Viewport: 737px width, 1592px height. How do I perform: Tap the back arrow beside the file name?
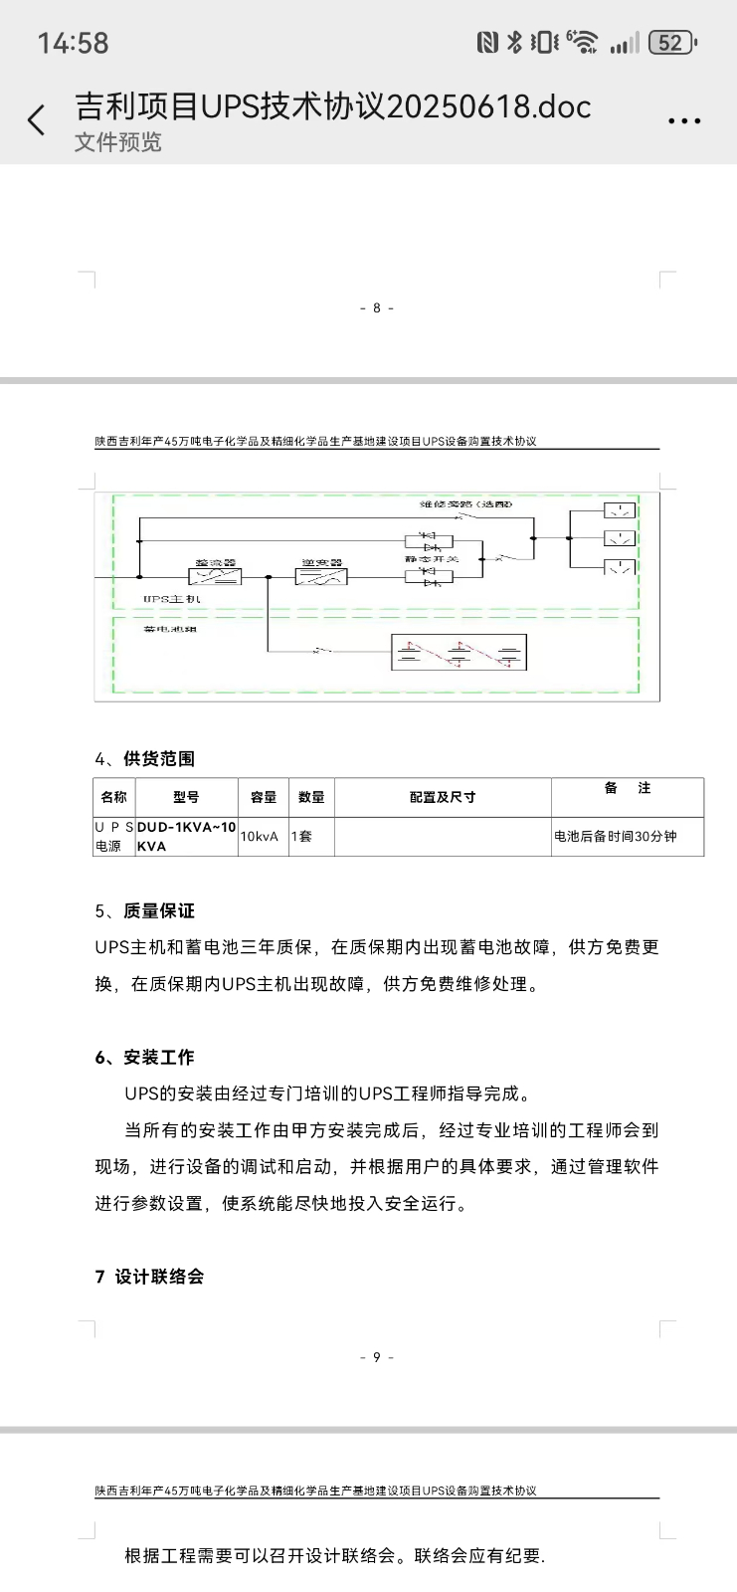point(37,120)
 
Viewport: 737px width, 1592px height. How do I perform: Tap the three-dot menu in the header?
point(684,121)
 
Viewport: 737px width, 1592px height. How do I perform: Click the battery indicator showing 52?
point(672,43)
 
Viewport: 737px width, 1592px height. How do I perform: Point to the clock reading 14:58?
point(73,43)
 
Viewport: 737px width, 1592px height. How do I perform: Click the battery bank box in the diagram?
point(459,653)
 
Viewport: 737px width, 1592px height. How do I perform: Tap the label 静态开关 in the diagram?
point(431,559)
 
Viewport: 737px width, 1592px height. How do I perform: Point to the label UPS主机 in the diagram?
point(171,599)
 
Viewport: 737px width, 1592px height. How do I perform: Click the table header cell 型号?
point(186,797)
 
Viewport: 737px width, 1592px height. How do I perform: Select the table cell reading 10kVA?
point(260,837)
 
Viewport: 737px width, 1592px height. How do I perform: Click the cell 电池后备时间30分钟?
point(616,837)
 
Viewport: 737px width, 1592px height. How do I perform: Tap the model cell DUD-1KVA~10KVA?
point(186,837)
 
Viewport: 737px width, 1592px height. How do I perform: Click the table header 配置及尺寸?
point(443,797)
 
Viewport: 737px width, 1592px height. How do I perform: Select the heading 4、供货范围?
point(145,759)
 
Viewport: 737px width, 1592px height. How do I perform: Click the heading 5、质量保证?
point(145,911)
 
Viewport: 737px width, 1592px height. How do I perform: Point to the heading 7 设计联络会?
point(149,1277)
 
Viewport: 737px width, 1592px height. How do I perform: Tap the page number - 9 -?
point(377,1357)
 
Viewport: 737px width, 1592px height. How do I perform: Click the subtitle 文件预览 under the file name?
point(117,142)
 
